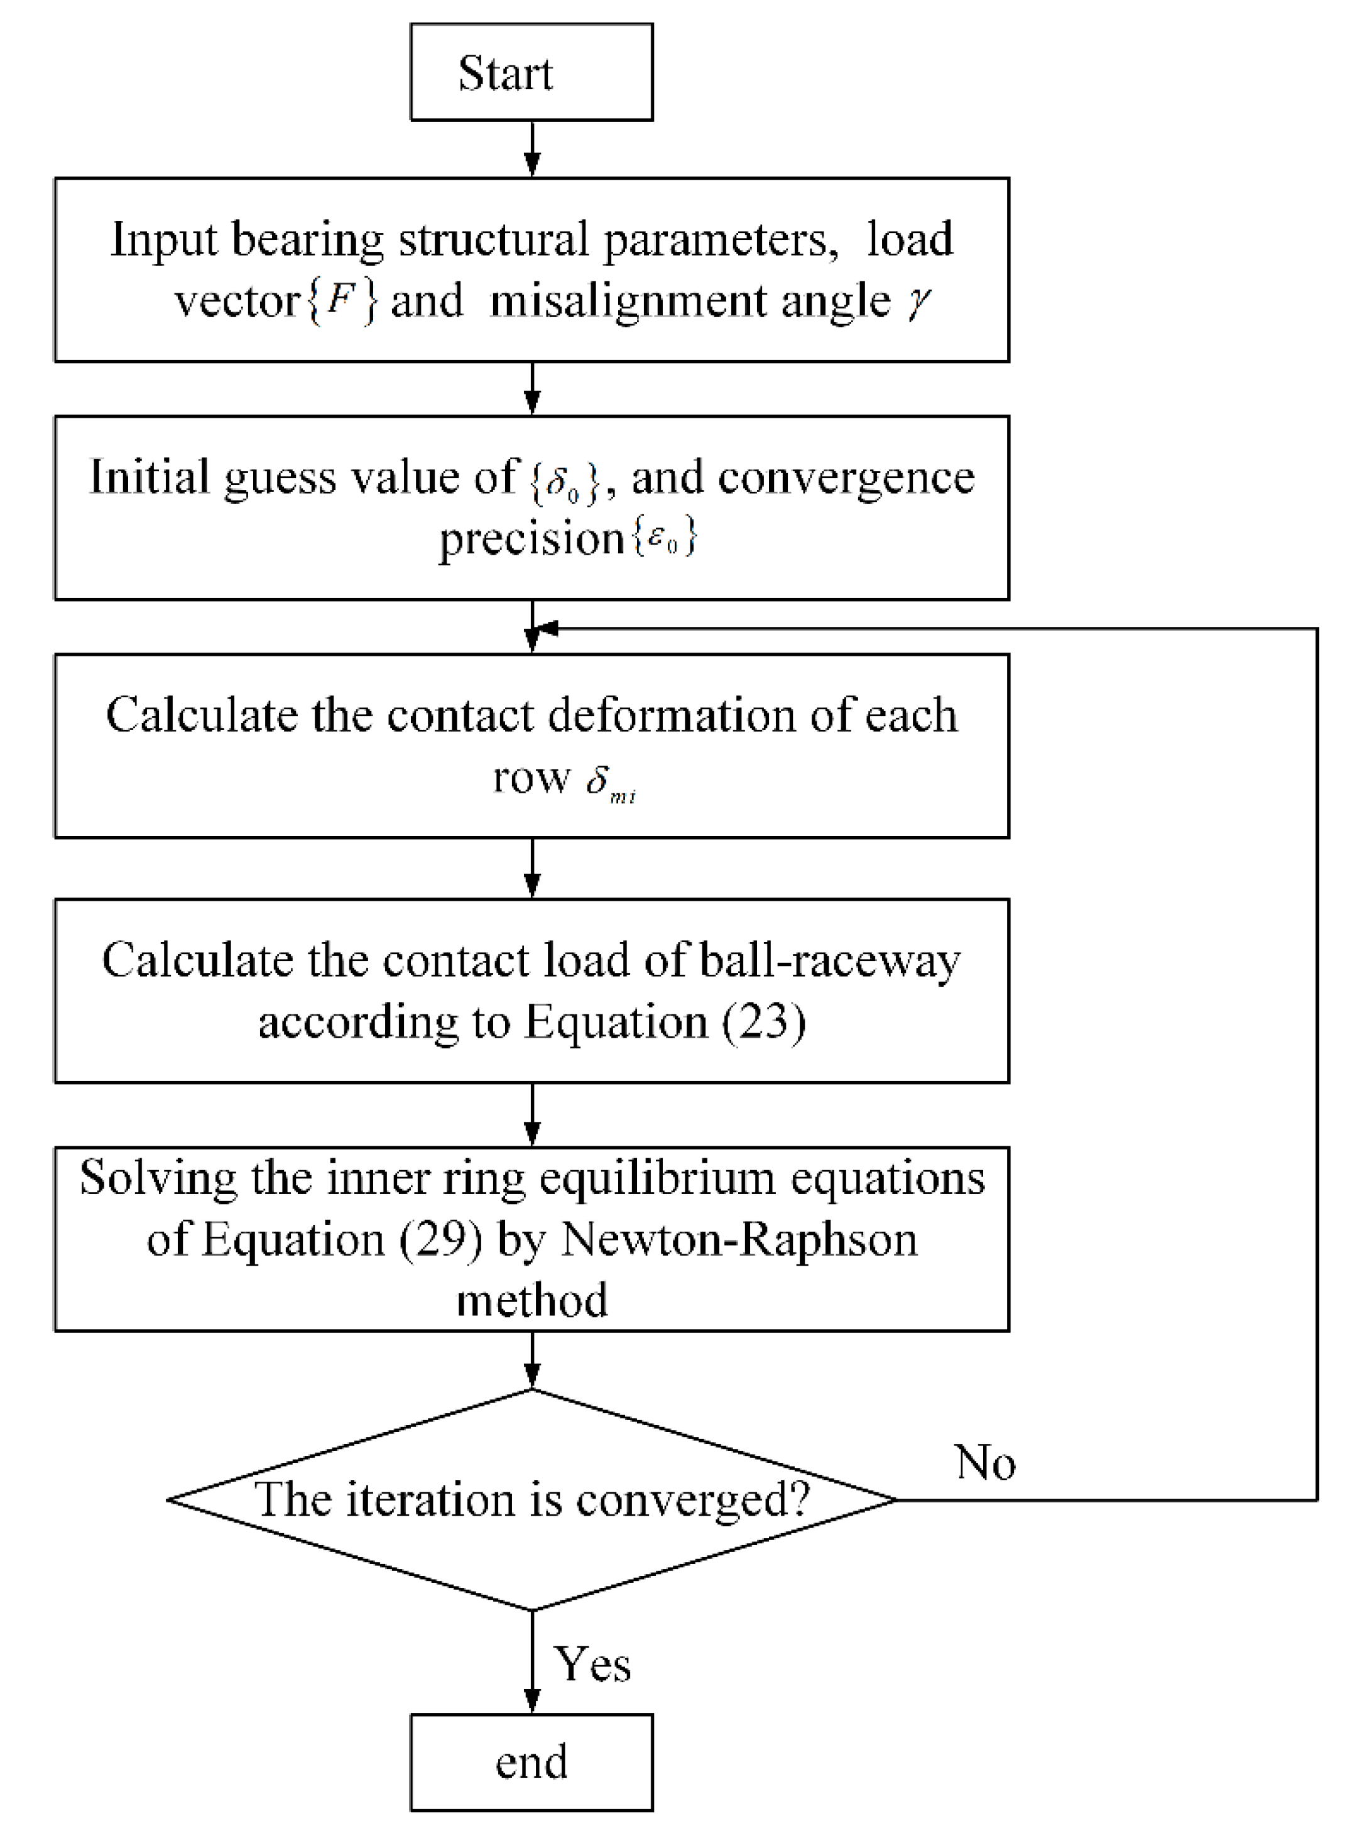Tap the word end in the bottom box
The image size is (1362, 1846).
(531, 1762)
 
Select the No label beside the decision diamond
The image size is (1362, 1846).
(985, 1463)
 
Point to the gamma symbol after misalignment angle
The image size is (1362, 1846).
(918, 300)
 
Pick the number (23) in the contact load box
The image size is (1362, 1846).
(763, 1022)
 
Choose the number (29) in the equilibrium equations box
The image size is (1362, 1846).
(441, 1238)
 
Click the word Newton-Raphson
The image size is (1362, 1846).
(739, 1238)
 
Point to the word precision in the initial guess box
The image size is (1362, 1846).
(531, 539)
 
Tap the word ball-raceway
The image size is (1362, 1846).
(829, 961)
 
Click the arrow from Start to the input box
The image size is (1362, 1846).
(533, 150)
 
